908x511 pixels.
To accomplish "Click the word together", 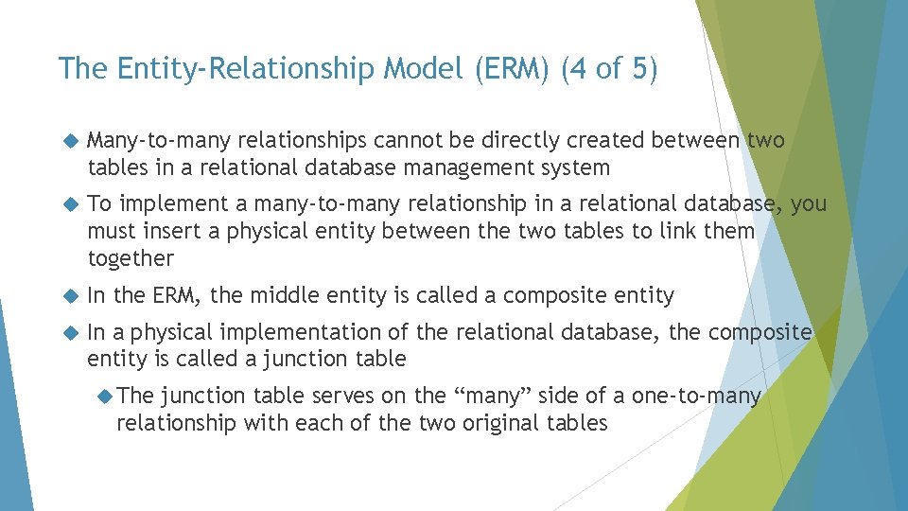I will coord(131,258).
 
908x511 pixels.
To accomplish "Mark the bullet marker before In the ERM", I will coord(67,296).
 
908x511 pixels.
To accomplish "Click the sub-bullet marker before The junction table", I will coord(105,396).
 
